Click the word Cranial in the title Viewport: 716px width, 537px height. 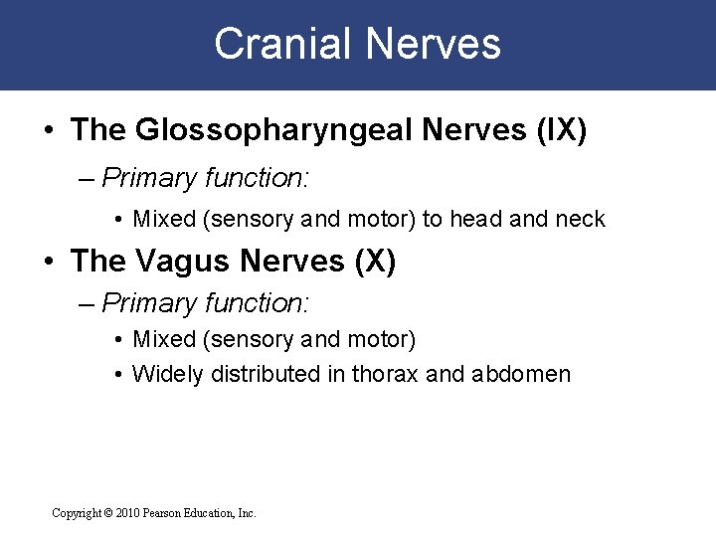(x=280, y=45)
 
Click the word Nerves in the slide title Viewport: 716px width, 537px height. (x=433, y=45)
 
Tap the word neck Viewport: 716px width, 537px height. (x=580, y=219)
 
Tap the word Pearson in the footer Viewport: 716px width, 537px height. (x=171, y=513)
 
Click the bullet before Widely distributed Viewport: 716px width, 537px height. (x=117, y=375)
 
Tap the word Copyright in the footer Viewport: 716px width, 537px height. (x=76, y=513)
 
